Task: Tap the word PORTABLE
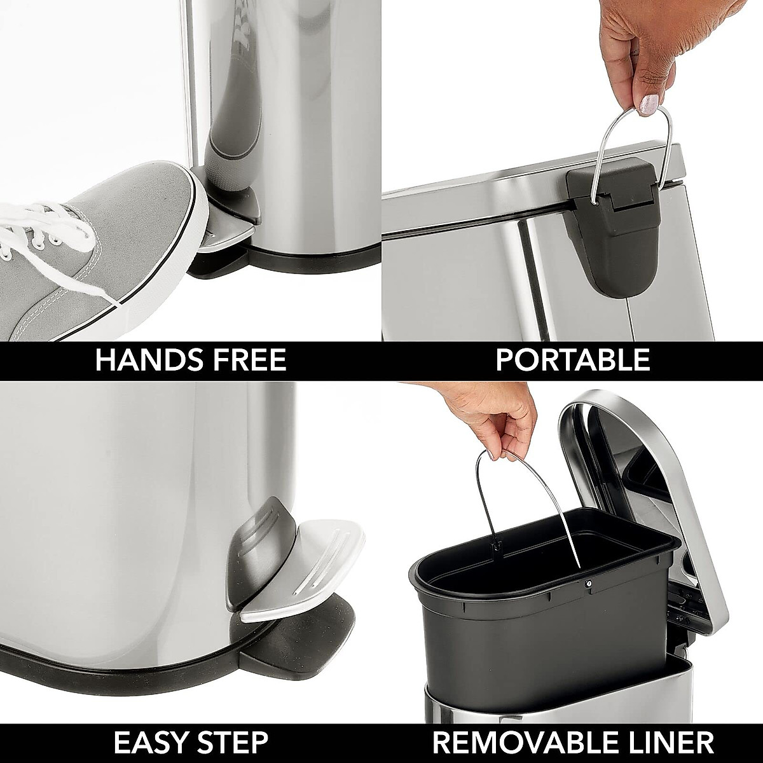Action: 572,361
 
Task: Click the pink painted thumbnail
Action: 649,102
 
